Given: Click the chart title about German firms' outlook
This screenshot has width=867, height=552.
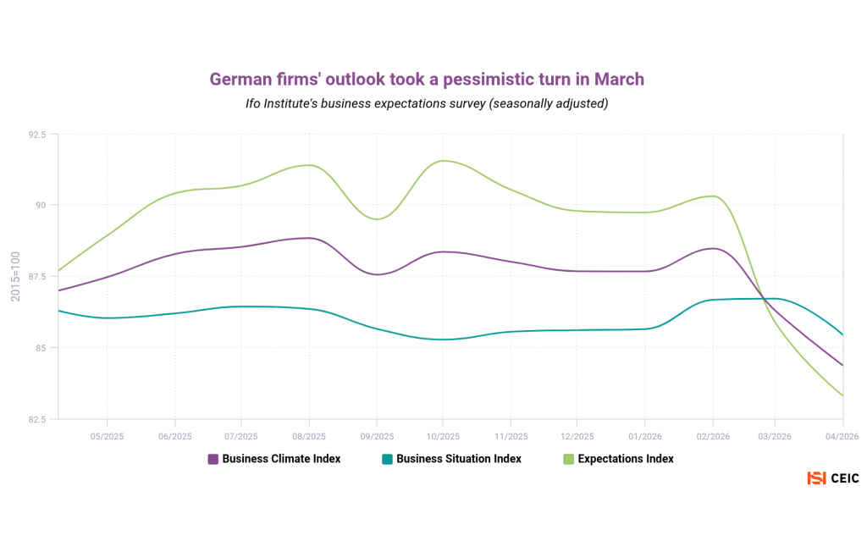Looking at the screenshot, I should click(427, 79).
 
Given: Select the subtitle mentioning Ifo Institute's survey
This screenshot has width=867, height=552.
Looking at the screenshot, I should click(427, 103).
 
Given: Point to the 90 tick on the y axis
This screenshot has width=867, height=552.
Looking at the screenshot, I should click(40, 205).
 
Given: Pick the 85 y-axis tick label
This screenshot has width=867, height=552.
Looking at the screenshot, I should click(40, 347).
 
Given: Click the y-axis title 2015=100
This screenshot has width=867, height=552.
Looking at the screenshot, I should click(15, 275).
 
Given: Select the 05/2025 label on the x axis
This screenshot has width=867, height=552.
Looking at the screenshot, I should click(107, 436).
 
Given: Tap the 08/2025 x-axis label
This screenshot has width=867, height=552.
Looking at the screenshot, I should click(309, 436).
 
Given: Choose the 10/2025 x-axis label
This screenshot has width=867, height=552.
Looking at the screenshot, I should click(442, 436).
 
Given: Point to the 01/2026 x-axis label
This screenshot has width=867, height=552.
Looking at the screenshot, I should click(644, 436).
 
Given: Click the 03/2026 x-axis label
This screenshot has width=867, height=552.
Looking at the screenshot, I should click(778, 436).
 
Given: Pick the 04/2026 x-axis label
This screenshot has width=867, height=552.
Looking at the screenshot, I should click(843, 436).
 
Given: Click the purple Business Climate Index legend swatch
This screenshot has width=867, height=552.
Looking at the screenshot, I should click(213, 459).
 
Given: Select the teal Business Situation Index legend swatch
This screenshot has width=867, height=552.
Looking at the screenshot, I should click(387, 459).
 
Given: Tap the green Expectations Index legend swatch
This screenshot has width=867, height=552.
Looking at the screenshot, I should click(569, 459).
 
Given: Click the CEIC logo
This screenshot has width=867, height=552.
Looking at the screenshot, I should click(833, 478).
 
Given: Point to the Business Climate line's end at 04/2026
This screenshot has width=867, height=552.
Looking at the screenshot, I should click(842, 365).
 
